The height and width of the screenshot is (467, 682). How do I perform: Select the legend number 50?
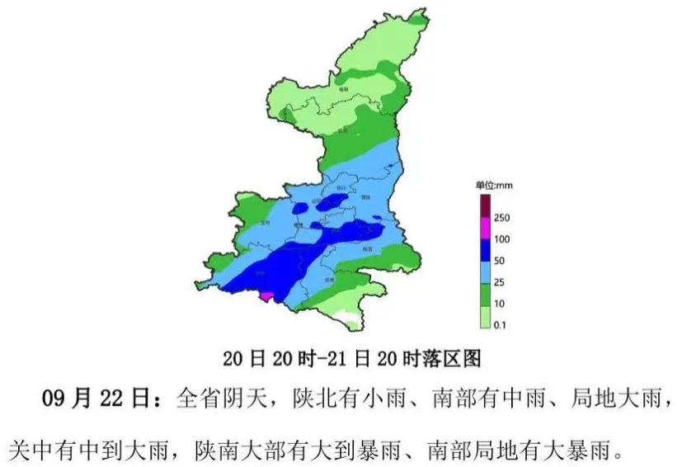coord(499,261)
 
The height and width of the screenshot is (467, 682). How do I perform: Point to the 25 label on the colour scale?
coord(499,282)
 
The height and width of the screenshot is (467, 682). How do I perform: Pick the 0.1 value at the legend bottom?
coord(500,326)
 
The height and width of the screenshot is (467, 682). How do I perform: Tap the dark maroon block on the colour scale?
coord(486,205)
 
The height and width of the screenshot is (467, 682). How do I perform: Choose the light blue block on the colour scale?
coord(486,271)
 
